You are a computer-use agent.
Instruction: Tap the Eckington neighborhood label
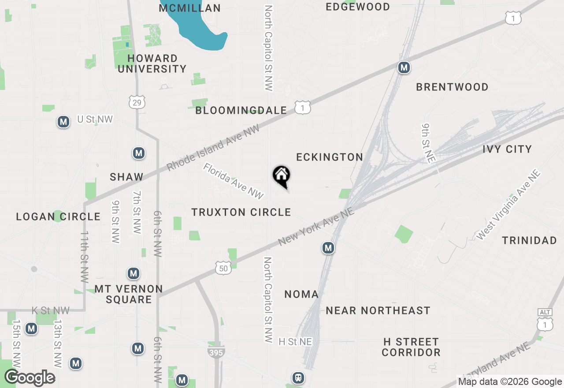click(x=330, y=157)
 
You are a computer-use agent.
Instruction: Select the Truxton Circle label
click(x=241, y=213)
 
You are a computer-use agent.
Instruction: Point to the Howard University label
click(x=152, y=63)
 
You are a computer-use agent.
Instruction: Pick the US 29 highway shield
click(x=137, y=102)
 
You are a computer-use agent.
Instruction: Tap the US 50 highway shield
click(x=223, y=268)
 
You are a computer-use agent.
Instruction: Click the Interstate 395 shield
click(x=216, y=351)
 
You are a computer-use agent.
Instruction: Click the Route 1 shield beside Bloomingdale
click(x=303, y=108)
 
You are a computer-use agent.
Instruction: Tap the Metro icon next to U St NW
click(x=63, y=122)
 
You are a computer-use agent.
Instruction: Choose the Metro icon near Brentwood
click(x=404, y=68)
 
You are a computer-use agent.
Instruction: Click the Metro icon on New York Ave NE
click(x=328, y=248)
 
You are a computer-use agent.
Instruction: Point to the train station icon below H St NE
click(x=298, y=378)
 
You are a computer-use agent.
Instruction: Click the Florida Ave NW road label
click(x=233, y=181)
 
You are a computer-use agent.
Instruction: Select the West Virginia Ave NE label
click(x=509, y=205)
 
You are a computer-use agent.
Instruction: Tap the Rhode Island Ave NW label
click(x=213, y=147)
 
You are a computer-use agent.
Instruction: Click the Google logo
click(x=30, y=378)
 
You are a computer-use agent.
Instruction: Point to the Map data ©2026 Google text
click(x=510, y=382)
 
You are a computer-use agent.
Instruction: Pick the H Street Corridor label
click(x=411, y=347)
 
